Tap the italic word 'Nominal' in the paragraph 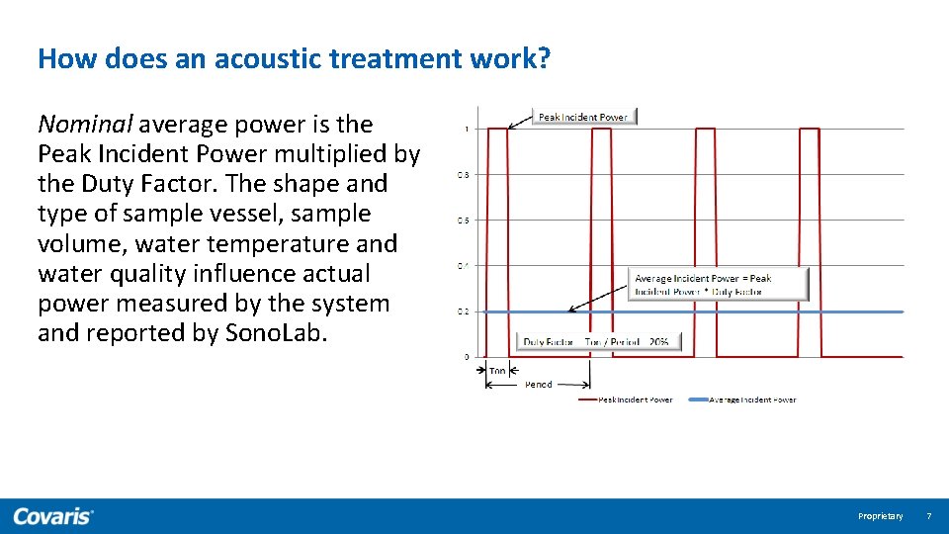tap(84, 125)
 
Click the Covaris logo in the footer tap(53, 516)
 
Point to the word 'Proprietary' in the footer tap(880, 516)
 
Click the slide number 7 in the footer tap(928, 516)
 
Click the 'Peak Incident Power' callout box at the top tap(582, 117)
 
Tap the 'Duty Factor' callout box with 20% tap(598, 342)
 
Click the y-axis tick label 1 tap(466, 129)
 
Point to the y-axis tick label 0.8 tap(463, 175)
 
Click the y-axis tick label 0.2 tap(463, 311)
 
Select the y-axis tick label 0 tap(467, 356)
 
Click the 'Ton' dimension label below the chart tap(497, 371)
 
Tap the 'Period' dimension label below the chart tap(538, 385)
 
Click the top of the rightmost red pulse tap(809, 129)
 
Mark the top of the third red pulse tap(705, 129)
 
